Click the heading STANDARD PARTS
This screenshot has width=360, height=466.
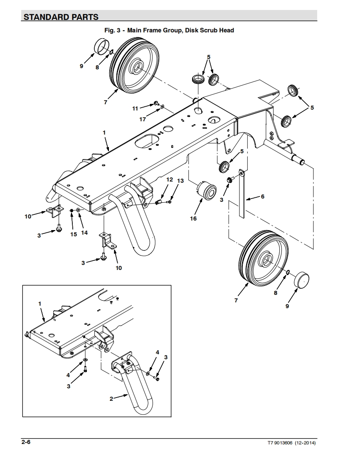[61, 17]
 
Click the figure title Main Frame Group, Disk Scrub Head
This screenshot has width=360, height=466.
[169, 30]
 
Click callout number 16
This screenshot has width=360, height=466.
[193, 218]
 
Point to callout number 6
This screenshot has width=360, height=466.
[262, 196]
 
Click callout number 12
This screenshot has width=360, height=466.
[169, 179]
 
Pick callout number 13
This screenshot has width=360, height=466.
[180, 181]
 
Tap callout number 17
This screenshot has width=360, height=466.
[143, 119]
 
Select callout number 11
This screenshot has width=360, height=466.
[135, 108]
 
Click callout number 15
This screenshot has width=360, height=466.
[74, 234]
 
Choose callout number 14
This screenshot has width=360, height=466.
[84, 233]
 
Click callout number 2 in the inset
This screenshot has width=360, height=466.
[111, 399]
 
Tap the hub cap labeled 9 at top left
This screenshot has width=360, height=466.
[101, 46]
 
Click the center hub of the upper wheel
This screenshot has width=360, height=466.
[136, 66]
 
